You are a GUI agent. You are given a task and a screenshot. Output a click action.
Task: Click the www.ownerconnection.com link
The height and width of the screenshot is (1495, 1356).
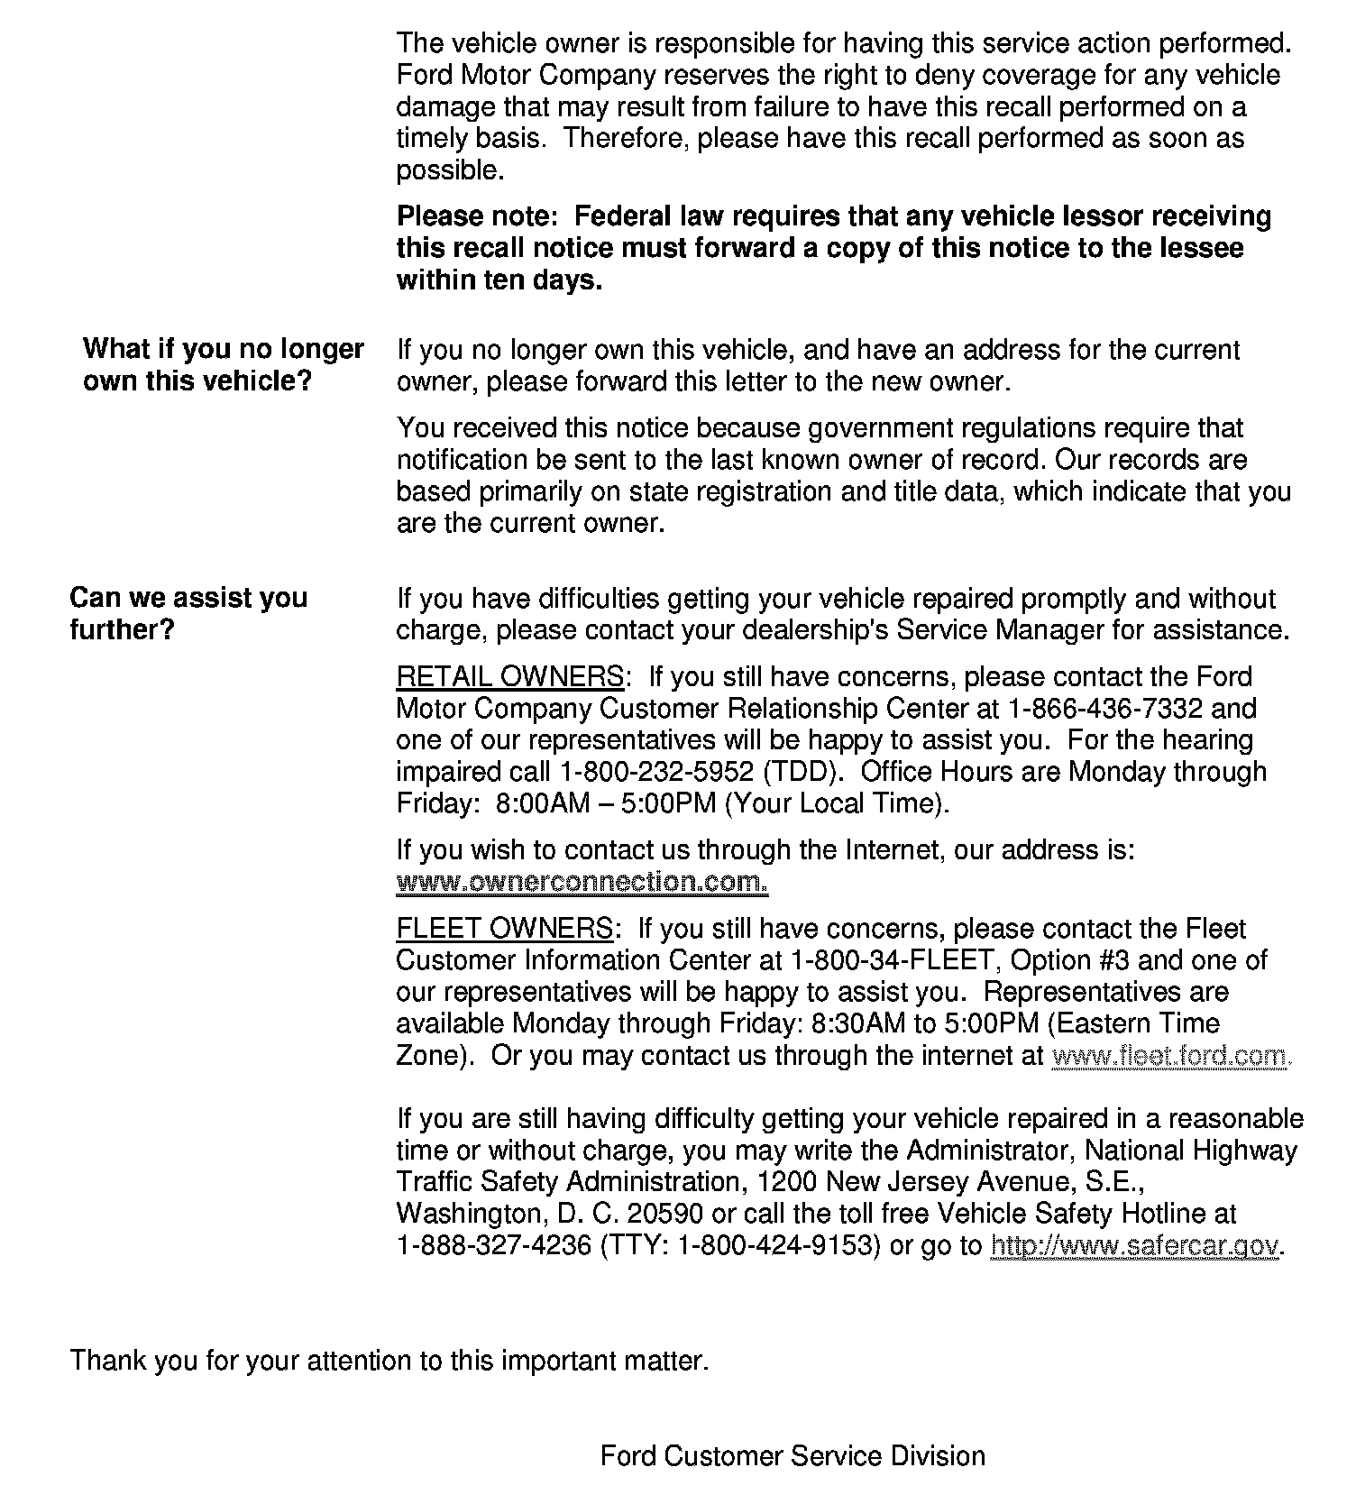(582, 881)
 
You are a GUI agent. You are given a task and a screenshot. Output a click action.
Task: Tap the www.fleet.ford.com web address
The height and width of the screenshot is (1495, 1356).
(1171, 1055)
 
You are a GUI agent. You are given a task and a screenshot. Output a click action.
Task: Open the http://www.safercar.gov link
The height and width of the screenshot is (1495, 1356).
(1134, 1245)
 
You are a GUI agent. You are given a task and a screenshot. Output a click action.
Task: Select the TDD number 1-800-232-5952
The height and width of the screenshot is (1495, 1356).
(656, 772)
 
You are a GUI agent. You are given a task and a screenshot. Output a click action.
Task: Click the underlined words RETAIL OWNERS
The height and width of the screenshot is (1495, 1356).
(509, 676)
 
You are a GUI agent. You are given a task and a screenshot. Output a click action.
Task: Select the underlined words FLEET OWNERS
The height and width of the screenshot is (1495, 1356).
(504, 928)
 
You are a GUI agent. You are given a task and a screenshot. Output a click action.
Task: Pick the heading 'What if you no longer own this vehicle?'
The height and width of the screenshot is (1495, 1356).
(223, 364)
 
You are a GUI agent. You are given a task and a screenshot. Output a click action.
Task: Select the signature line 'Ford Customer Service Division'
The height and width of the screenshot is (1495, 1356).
(793, 1455)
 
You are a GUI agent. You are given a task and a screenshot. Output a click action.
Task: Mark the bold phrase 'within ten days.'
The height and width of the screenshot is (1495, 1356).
(499, 280)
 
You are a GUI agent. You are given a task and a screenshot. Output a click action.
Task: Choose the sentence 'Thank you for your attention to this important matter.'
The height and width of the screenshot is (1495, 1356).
(389, 1360)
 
